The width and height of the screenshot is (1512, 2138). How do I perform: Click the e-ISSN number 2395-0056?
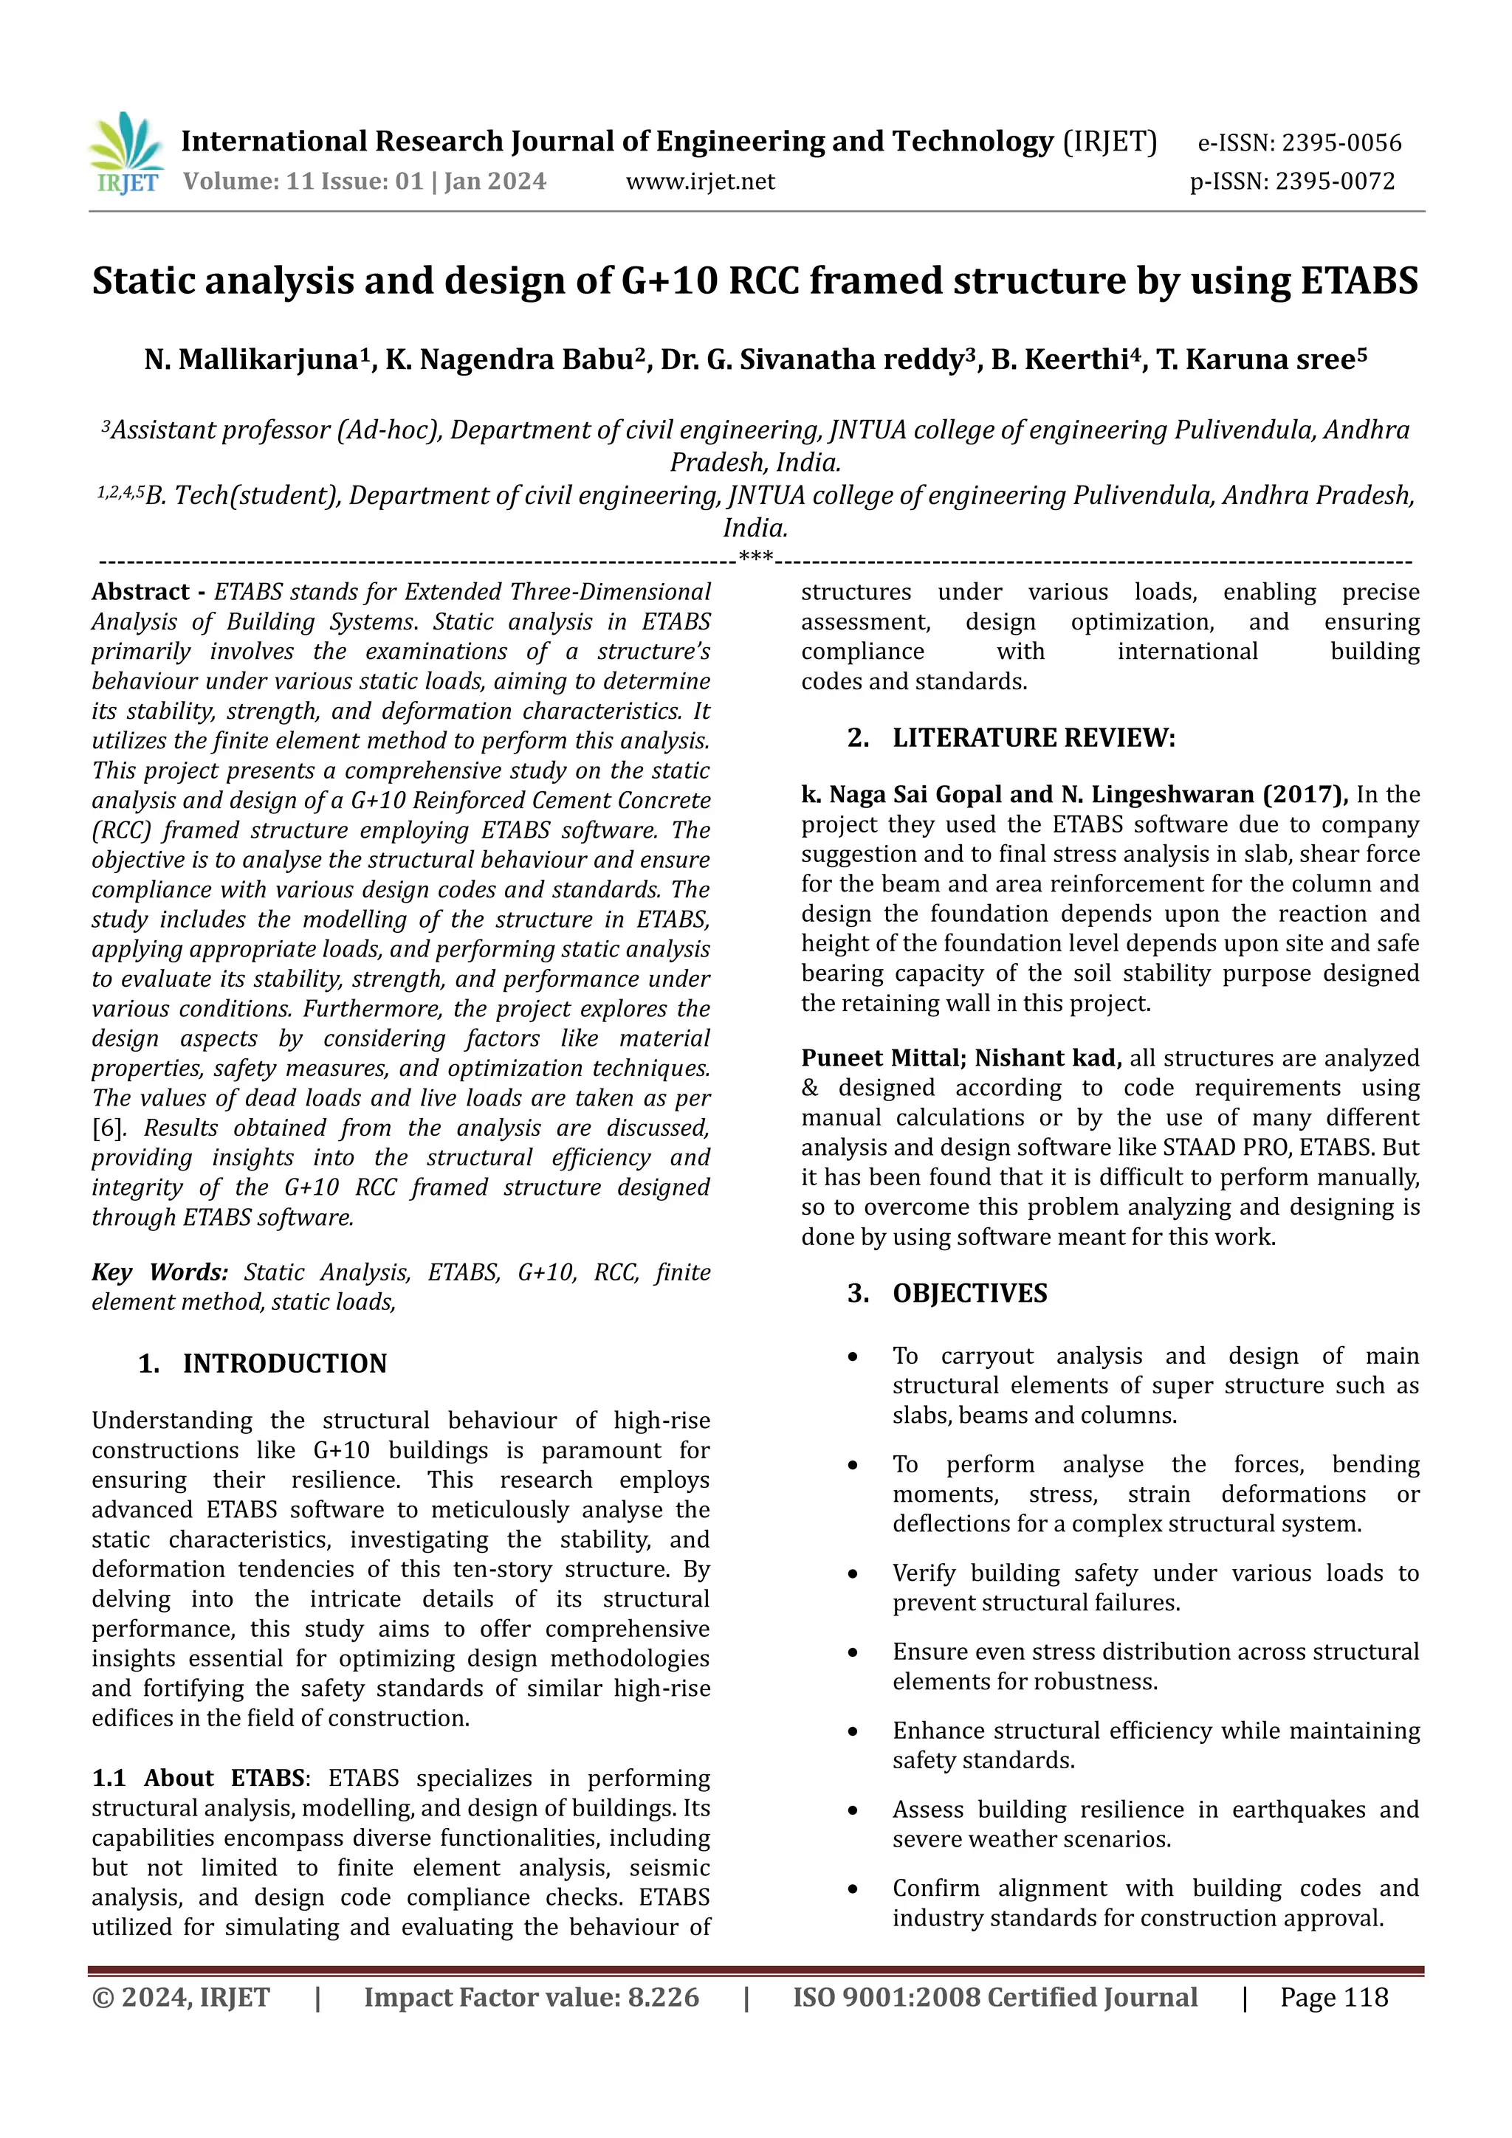1341,142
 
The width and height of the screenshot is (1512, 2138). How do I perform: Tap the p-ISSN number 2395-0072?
1334,181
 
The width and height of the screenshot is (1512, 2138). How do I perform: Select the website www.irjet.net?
700,181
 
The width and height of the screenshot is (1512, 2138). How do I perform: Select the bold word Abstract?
141,592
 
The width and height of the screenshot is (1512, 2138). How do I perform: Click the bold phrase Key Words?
159,1272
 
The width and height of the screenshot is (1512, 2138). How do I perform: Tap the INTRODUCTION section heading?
284,1363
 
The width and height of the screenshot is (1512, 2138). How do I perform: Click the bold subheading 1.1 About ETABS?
198,1778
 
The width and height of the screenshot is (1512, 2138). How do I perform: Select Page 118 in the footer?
1333,1997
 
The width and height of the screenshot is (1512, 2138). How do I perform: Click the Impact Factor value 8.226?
662,1997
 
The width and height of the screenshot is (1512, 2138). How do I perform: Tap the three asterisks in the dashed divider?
755,557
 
